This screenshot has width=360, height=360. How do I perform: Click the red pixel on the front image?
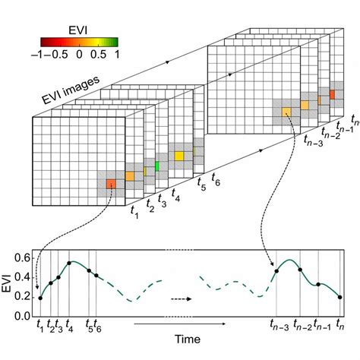click(111, 183)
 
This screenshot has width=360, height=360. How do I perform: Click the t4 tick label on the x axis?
click(70, 325)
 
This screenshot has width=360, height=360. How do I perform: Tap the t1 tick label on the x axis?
click(40, 325)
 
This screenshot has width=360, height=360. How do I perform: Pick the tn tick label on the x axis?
click(339, 325)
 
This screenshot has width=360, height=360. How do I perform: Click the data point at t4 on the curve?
click(69, 263)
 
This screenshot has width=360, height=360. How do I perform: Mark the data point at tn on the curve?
click(339, 297)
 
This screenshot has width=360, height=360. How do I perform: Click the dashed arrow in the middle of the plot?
click(179, 298)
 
